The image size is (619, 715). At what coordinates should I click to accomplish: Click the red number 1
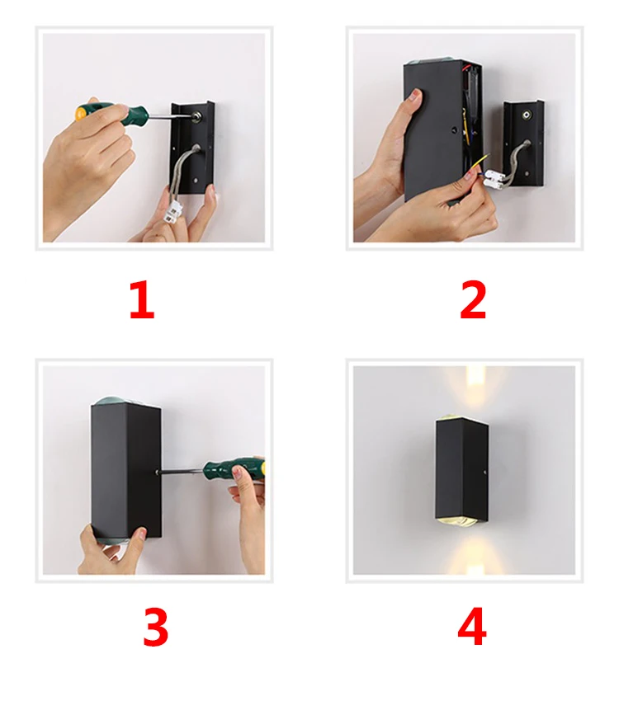tap(142, 299)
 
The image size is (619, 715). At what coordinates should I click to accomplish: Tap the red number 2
tap(473, 299)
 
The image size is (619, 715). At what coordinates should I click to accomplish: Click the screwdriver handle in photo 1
tap(111, 112)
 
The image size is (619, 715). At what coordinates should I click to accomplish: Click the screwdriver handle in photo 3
tap(234, 468)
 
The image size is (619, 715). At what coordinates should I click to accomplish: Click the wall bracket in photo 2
tap(524, 143)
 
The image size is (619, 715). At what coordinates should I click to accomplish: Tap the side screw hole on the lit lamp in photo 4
tap(484, 472)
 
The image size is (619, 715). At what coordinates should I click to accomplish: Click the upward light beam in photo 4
tap(475, 388)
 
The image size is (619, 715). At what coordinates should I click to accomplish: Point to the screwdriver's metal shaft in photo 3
tap(182, 471)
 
